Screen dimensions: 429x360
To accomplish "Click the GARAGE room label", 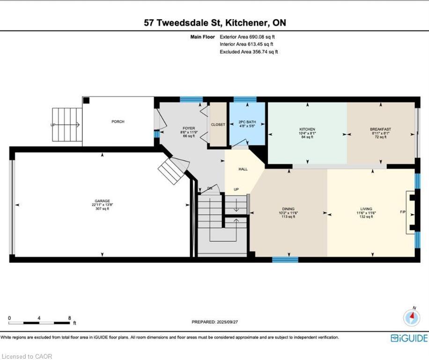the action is (102, 201).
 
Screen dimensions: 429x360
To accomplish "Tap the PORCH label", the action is (118, 121).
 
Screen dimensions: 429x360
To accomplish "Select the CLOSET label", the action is (218, 125).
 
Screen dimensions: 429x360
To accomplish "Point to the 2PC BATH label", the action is (247, 122).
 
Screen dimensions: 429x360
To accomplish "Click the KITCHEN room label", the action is (307, 129).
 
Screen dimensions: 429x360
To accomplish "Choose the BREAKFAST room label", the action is (381, 129).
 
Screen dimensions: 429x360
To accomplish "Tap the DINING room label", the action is (288, 209).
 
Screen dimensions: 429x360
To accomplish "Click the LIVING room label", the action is (366, 209).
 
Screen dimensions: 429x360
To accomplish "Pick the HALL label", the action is (243, 169).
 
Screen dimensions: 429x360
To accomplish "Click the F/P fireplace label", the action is (403, 212).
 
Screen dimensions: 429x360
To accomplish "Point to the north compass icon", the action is (412, 317).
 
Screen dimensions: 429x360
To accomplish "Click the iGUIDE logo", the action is (409, 338).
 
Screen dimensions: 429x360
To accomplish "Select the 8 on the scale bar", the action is (69, 318).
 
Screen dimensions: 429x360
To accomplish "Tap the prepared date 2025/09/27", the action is (227, 322).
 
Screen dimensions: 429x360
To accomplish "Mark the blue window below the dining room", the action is (285, 260).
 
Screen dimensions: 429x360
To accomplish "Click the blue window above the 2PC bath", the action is (245, 99).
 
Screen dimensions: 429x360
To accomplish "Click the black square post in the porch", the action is (86, 100).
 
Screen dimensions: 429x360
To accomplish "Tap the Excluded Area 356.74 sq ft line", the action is (249, 52).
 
